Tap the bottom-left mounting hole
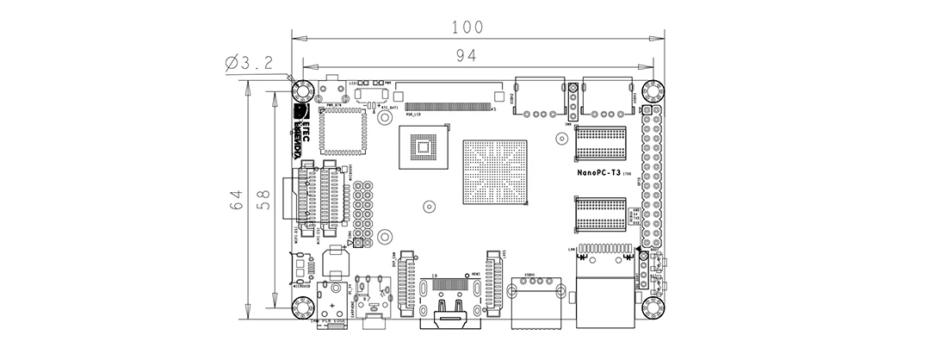(301, 307)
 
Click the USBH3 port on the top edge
(605, 96)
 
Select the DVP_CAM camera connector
(408, 285)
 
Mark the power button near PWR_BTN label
(331, 90)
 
